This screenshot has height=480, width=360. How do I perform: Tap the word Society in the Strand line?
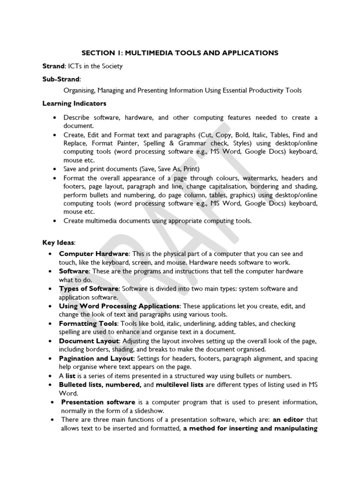[x=112, y=66]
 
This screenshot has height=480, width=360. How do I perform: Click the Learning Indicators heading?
[x=75, y=103]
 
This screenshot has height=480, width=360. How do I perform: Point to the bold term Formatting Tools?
[x=87, y=324]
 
